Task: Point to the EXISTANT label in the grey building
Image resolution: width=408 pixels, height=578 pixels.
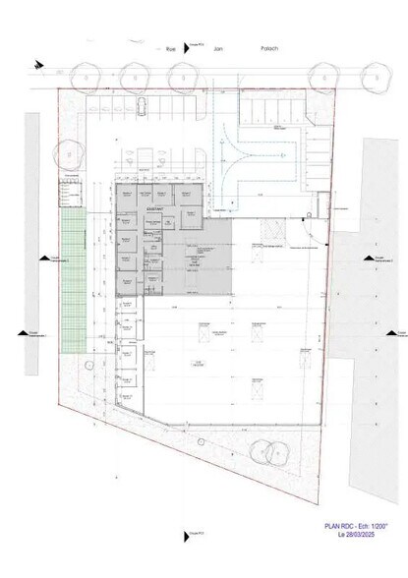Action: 155,209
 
